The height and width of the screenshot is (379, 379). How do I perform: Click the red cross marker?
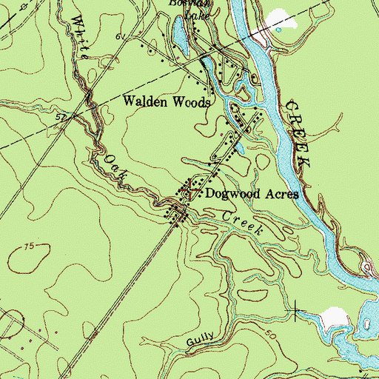(x=189, y=189)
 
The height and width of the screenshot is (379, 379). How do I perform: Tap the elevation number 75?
(x=29, y=246)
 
